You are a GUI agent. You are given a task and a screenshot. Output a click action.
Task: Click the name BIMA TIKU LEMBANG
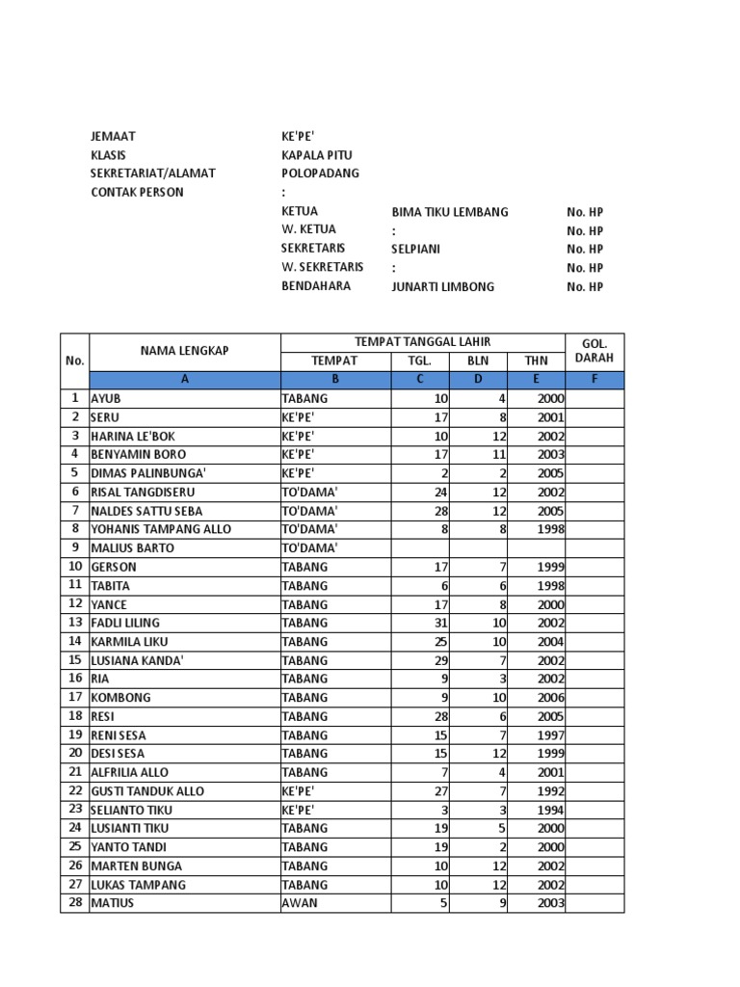pos(450,212)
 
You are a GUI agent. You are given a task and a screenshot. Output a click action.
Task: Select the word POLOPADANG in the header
pos(320,173)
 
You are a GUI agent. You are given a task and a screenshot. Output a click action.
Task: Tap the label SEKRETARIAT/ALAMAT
pos(153,173)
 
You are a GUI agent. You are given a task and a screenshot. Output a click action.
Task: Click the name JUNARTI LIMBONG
pos(442,287)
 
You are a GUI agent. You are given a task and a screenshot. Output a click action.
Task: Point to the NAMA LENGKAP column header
pos(184,351)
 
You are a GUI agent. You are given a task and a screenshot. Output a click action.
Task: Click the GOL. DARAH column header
pos(595,351)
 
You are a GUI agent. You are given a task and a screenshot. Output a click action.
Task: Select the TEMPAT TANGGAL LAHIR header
pos(422,342)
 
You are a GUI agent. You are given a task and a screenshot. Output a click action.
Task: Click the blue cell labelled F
pos(595,380)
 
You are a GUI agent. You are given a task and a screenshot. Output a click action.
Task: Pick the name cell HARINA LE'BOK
pos(133,436)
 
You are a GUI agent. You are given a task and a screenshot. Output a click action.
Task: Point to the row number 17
pos(74,697)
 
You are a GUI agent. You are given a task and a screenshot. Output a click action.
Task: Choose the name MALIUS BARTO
pos(133,547)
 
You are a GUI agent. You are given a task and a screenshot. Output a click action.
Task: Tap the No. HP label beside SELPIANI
pos(585,250)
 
